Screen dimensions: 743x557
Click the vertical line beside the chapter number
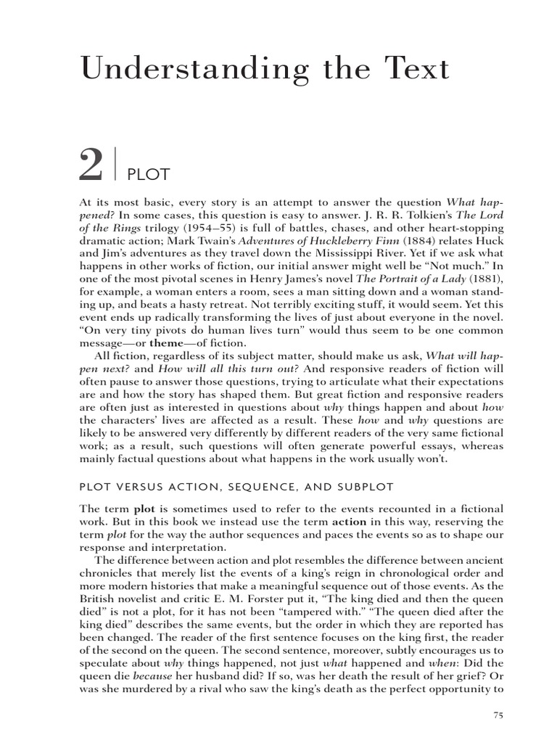pos(116,164)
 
